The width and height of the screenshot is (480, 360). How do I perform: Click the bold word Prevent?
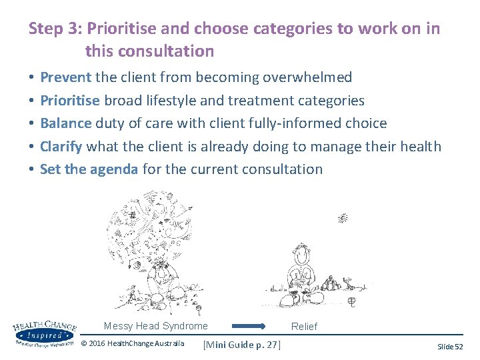tap(65, 77)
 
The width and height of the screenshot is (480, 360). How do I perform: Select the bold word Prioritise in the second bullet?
tap(70, 101)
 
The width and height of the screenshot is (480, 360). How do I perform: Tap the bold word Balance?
tap(66, 123)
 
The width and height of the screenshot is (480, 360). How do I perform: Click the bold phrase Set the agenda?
tap(89, 169)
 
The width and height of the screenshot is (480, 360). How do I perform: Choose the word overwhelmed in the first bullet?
tap(307, 77)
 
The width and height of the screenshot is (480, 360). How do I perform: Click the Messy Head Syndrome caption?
tap(156, 326)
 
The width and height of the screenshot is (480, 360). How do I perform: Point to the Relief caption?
tap(304, 327)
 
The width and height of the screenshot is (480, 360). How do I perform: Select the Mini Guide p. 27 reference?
tap(241, 344)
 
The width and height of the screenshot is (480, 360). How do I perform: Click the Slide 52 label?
tap(450, 347)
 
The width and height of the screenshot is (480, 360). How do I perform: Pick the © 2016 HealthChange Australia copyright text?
tap(132, 344)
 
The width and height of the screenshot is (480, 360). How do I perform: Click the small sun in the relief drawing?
tap(343, 217)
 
